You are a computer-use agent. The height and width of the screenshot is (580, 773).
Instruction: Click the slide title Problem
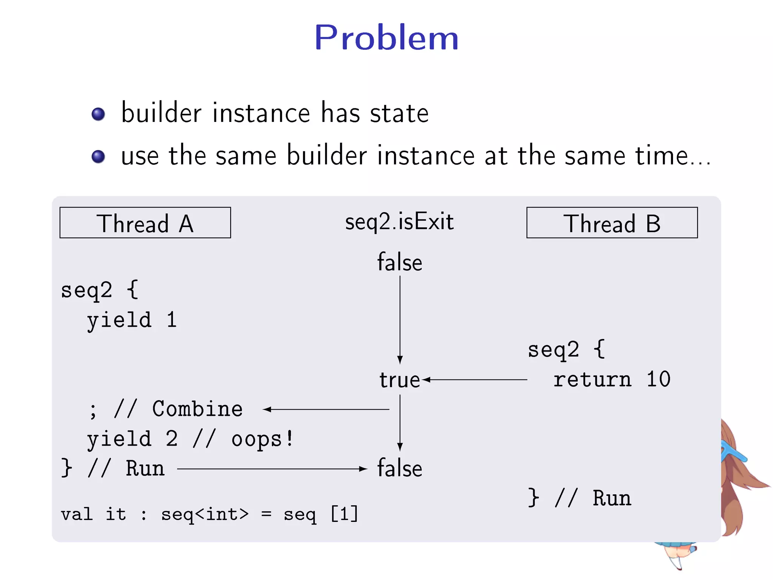386,38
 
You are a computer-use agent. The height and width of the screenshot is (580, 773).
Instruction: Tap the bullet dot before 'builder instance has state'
98,114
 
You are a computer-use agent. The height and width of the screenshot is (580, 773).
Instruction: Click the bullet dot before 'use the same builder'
98,156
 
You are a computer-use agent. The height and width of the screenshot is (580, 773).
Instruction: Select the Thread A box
145,223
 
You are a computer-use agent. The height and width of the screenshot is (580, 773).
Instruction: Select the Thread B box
612,223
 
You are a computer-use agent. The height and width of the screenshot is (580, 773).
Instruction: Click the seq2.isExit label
399,222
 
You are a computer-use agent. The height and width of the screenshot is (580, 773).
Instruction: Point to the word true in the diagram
399,380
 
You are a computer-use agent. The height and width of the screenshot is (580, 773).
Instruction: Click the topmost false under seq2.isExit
400,262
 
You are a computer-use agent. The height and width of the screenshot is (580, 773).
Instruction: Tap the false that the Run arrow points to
400,469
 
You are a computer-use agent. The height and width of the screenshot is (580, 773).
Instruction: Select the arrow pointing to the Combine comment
326,409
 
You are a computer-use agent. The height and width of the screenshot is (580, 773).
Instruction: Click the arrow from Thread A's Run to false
272,469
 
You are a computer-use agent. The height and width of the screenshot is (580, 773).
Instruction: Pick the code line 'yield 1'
132,321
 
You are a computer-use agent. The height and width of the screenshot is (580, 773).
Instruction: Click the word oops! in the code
263,439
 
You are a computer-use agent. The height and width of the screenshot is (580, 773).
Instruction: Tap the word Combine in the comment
197,409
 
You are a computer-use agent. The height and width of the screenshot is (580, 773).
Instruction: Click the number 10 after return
658,379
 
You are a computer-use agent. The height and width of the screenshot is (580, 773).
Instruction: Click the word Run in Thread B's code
612,498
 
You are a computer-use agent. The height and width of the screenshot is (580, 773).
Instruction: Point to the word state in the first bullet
399,113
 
